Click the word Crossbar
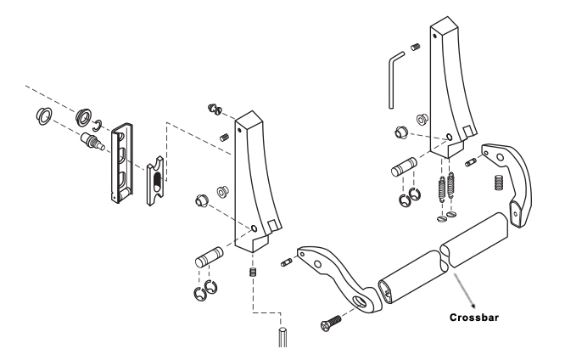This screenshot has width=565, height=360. pyautogui.click(x=474, y=318)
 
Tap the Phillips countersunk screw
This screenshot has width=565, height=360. pyautogui.click(x=330, y=323)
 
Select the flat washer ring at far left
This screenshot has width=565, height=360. pyautogui.click(x=44, y=116)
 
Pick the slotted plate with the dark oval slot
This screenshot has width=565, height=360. pyautogui.click(x=155, y=180)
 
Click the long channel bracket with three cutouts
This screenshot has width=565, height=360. pyautogui.click(x=122, y=163)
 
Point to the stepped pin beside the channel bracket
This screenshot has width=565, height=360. pyautogui.click(x=92, y=141)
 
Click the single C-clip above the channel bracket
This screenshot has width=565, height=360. pyautogui.click(x=98, y=125)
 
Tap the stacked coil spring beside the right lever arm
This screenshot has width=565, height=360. pyautogui.click(x=499, y=183)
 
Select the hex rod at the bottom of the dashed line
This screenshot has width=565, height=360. pyautogui.click(x=282, y=337)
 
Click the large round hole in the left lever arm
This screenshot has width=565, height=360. pyautogui.click(x=359, y=301)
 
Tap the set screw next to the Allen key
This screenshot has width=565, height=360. pyautogui.click(x=416, y=47)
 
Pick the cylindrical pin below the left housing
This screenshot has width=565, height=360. pyautogui.click(x=210, y=256)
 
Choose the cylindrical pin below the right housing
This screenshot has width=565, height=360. pyautogui.click(x=405, y=167)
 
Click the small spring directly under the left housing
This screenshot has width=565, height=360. pyautogui.click(x=253, y=272)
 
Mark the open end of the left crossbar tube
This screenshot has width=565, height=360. pyautogui.click(x=387, y=293)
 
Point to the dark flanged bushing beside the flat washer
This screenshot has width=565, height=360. pyautogui.click(x=84, y=116)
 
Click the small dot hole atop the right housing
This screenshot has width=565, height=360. pyautogui.click(x=435, y=36)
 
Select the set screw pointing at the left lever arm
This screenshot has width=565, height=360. pyautogui.click(x=286, y=262)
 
